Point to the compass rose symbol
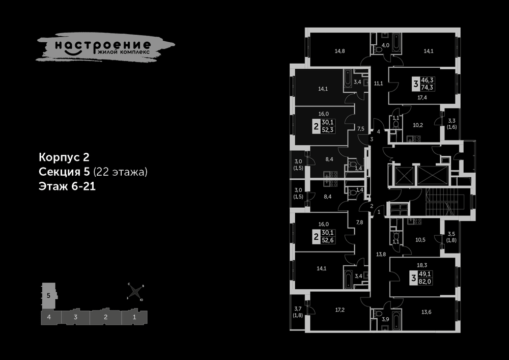click(x=135, y=292)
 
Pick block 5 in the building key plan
click(x=48, y=295)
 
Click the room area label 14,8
click(x=340, y=50)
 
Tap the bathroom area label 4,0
click(x=385, y=45)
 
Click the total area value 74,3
click(x=435, y=88)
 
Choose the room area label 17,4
click(x=422, y=97)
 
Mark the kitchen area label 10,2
click(x=418, y=124)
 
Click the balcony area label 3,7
click(x=298, y=309)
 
